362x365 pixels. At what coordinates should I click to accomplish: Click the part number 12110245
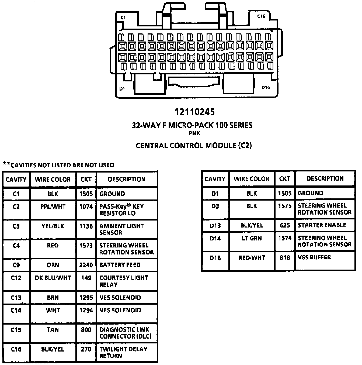[x=194, y=112]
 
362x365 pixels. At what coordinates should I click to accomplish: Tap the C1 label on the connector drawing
[x=123, y=18]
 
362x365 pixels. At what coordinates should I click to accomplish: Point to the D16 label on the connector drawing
[x=266, y=87]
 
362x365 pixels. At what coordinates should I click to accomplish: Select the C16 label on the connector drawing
[x=261, y=16]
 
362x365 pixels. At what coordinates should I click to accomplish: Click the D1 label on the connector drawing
[x=122, y=88]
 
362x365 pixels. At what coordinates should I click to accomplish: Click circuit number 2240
[x=86, y=265]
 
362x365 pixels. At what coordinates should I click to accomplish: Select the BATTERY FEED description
[x=120, y=265]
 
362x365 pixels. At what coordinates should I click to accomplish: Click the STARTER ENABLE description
[x=322, y=225]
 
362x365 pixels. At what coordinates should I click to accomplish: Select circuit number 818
[x=285, y=258]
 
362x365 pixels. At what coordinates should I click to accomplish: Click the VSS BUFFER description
[x=314, y=257]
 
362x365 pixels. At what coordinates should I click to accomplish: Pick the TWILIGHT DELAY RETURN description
[x=123, y=352]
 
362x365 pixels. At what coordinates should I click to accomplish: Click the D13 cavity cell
[x=215, y=226]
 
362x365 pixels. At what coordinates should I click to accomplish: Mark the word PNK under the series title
[x=194, y=133]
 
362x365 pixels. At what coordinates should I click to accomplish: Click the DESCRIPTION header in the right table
[x=325, y=178]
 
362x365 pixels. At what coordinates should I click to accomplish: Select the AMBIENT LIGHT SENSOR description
[x=121, y=229]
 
